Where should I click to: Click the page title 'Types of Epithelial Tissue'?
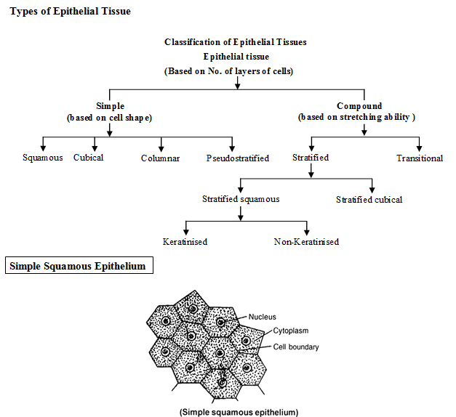click(71, 12)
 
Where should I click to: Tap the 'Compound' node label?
click(359, 106)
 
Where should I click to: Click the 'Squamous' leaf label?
click(42, 158)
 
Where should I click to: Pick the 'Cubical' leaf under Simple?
click(89, 158)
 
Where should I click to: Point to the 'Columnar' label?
click(160, 158)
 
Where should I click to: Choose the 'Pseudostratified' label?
click(237, 158)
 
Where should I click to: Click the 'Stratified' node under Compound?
click(311, 158)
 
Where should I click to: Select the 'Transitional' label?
click(420, 158)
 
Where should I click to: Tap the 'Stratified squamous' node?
click(240, 199)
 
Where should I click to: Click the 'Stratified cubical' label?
click(369, 200)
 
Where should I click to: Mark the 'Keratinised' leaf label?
click(185, 242)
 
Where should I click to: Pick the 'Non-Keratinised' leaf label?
click(306, 242)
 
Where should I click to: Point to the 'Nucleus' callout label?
click(262, 317)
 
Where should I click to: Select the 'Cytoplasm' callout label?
click(291, 331)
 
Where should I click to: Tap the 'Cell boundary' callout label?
click(296, 347)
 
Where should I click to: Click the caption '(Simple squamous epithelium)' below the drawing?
click(239, 412)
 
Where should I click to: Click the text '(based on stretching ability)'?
click(356, 118)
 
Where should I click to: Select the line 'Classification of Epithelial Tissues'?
click(236, 42)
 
